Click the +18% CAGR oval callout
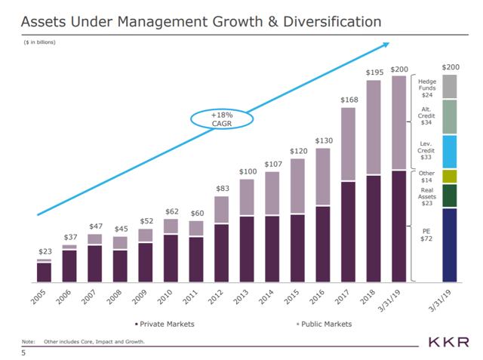222,120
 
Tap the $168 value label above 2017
348,100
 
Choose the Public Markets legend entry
324,324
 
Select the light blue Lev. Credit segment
449,151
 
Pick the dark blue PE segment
449,245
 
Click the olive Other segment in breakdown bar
449,176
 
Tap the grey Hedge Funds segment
449,88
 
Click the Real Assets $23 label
426,198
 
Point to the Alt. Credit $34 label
426,115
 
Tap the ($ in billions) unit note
39,42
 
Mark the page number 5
24,352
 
